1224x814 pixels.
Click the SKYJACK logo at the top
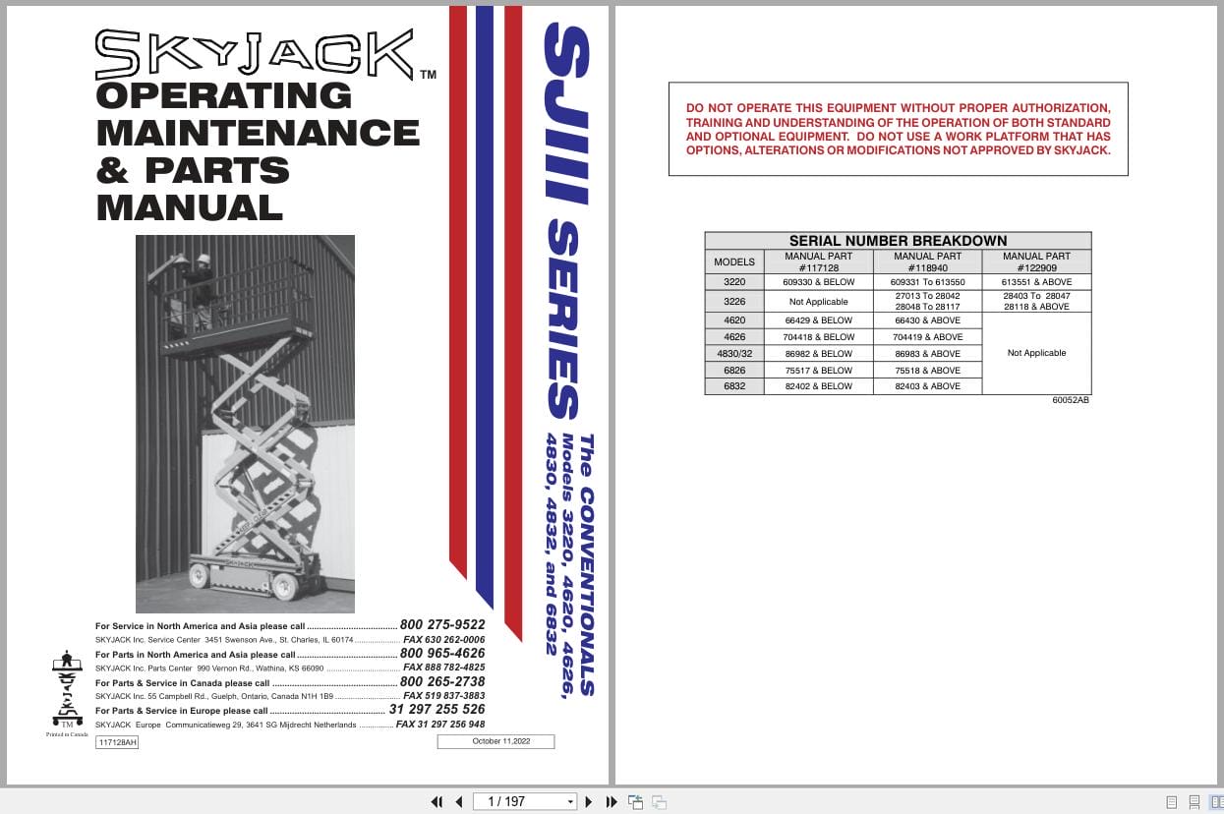pyautogui.click(x=255, y=54)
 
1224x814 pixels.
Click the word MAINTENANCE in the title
pyautogui.click(x=258, y=133)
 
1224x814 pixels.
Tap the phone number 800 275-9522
pyautogui.click(x=442, y=625)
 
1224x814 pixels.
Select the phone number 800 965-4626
pyautogui.click(x=442, y=653)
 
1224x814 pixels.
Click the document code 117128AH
pyautogui.click(x=117, y=742)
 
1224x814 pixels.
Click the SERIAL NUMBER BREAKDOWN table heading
pyautogui.click(x=898, y=241)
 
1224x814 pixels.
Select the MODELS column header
pyautogui.click(x=733, y=262)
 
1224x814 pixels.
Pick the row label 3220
pyautogui.click(x=733, y=282)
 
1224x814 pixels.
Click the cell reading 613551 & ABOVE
pyautogui.click(x=1036, y=282)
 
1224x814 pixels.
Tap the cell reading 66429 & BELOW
pyautogui.click(x=818, y=320)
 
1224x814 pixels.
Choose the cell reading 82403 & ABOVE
pyautogui.click(x=927, y=386)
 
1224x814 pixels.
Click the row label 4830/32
pyautogui.click(x=733, y=353)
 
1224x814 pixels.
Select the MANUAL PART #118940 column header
pyautogui.click(x=927, y=262)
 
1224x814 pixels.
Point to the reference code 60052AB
pyautogui.click(x=1070, y=400)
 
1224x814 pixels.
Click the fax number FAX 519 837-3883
pyautogui.click(x=443, y=695)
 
